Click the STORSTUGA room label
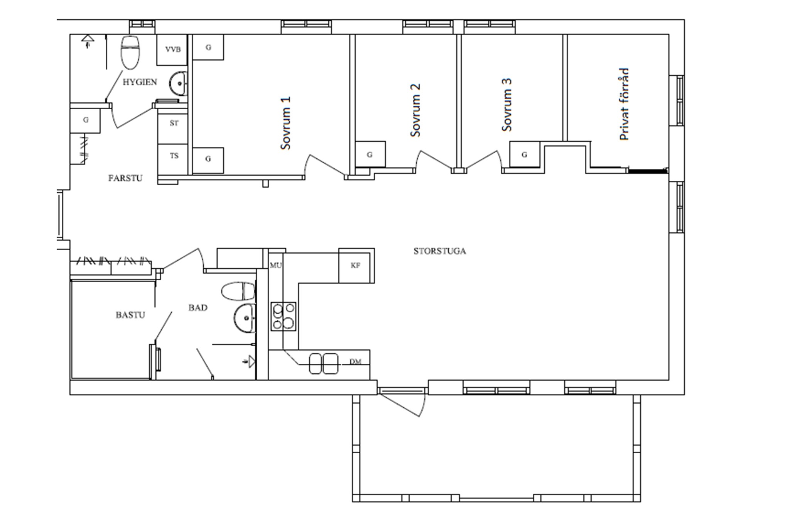click(440, 251)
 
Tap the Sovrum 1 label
click(285, 123)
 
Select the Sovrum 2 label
click(415, 110)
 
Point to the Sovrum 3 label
click(507, 105)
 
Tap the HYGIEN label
click(140, 82)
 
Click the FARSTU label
click(125, 178)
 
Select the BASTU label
click(130, 315)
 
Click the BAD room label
click(198, 308)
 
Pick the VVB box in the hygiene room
click(172, 50)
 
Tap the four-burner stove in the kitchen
click(284, 317)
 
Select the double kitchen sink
click(324, 363)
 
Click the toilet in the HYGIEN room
click(131, 53)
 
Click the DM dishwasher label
click(355, 362)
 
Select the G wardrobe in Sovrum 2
click(370, 154)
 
